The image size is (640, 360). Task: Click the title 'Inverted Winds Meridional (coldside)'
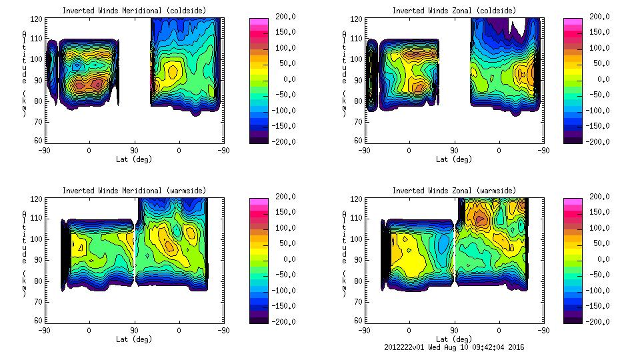134,11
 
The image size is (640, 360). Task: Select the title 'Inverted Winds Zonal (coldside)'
453,11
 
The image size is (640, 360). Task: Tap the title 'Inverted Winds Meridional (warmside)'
134,191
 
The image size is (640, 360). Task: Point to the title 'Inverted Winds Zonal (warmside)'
453,191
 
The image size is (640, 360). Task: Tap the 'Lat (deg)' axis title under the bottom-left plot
134,339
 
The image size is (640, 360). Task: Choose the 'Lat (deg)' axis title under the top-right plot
453,159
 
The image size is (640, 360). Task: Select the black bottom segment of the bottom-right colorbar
573,318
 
